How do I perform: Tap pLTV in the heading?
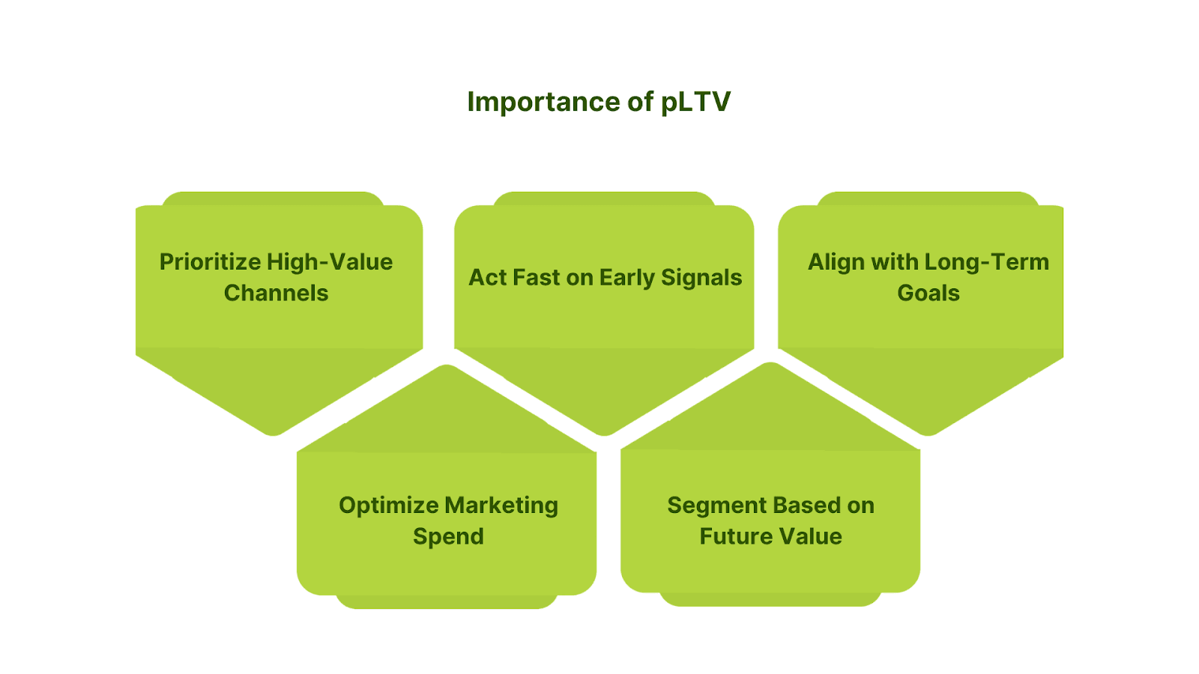point(695,103)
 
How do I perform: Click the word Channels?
point(276,293)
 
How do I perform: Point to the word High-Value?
point(330,262)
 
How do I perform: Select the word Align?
point(832,262)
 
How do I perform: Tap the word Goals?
point(928,293)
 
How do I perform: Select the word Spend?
point(448,537)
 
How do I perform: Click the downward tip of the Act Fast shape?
point(604,432)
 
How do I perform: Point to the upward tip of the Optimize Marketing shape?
point(447,368)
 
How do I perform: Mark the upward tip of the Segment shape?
point(770,365)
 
